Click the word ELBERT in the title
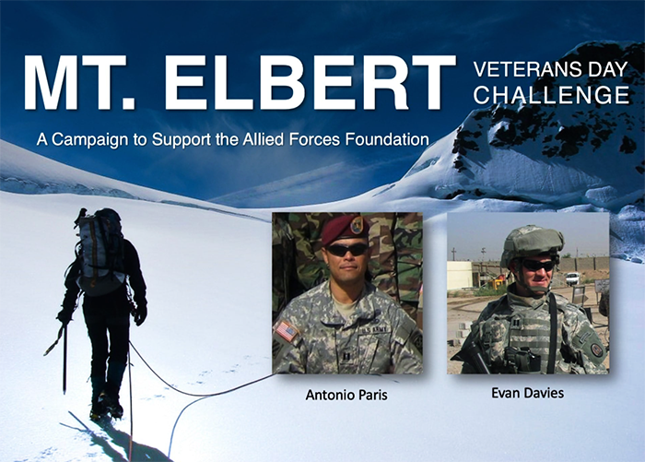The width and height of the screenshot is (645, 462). [310, 82]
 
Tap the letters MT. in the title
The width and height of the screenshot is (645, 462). [79, 82]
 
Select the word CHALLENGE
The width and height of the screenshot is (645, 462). [551, 95]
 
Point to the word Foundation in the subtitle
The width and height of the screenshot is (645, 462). [387, 139]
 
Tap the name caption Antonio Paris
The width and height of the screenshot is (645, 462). [346, 395]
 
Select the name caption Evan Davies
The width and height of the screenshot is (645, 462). [527, 393]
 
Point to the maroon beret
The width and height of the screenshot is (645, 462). [344, 229]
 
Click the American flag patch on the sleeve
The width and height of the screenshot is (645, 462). [287, 331]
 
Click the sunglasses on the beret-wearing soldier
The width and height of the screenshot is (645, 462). [347, 250]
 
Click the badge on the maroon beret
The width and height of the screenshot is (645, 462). [357, 225]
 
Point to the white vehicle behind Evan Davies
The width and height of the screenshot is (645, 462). [572, 278]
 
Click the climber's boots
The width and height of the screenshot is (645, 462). [106, 407]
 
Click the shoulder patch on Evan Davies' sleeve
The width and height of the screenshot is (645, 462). [596, 349]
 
